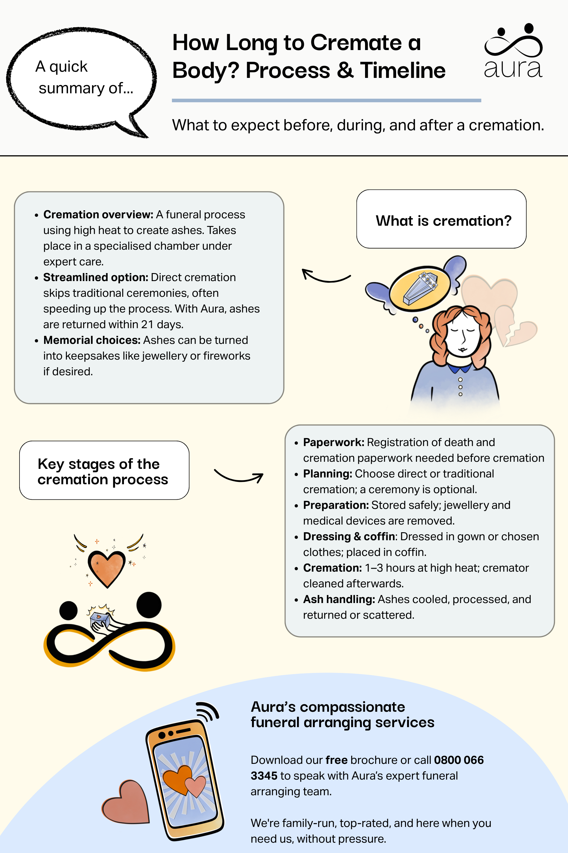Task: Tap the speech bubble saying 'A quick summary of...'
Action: coord(82,78)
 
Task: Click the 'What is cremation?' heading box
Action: coord(441,219)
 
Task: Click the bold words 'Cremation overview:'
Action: coord(98,215)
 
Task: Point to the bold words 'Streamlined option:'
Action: coord(96,278)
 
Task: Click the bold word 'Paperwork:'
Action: coord(334,442)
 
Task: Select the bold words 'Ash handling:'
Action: coord(339,599)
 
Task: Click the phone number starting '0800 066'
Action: coord(459,760)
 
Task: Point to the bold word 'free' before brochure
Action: coord(337,760)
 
